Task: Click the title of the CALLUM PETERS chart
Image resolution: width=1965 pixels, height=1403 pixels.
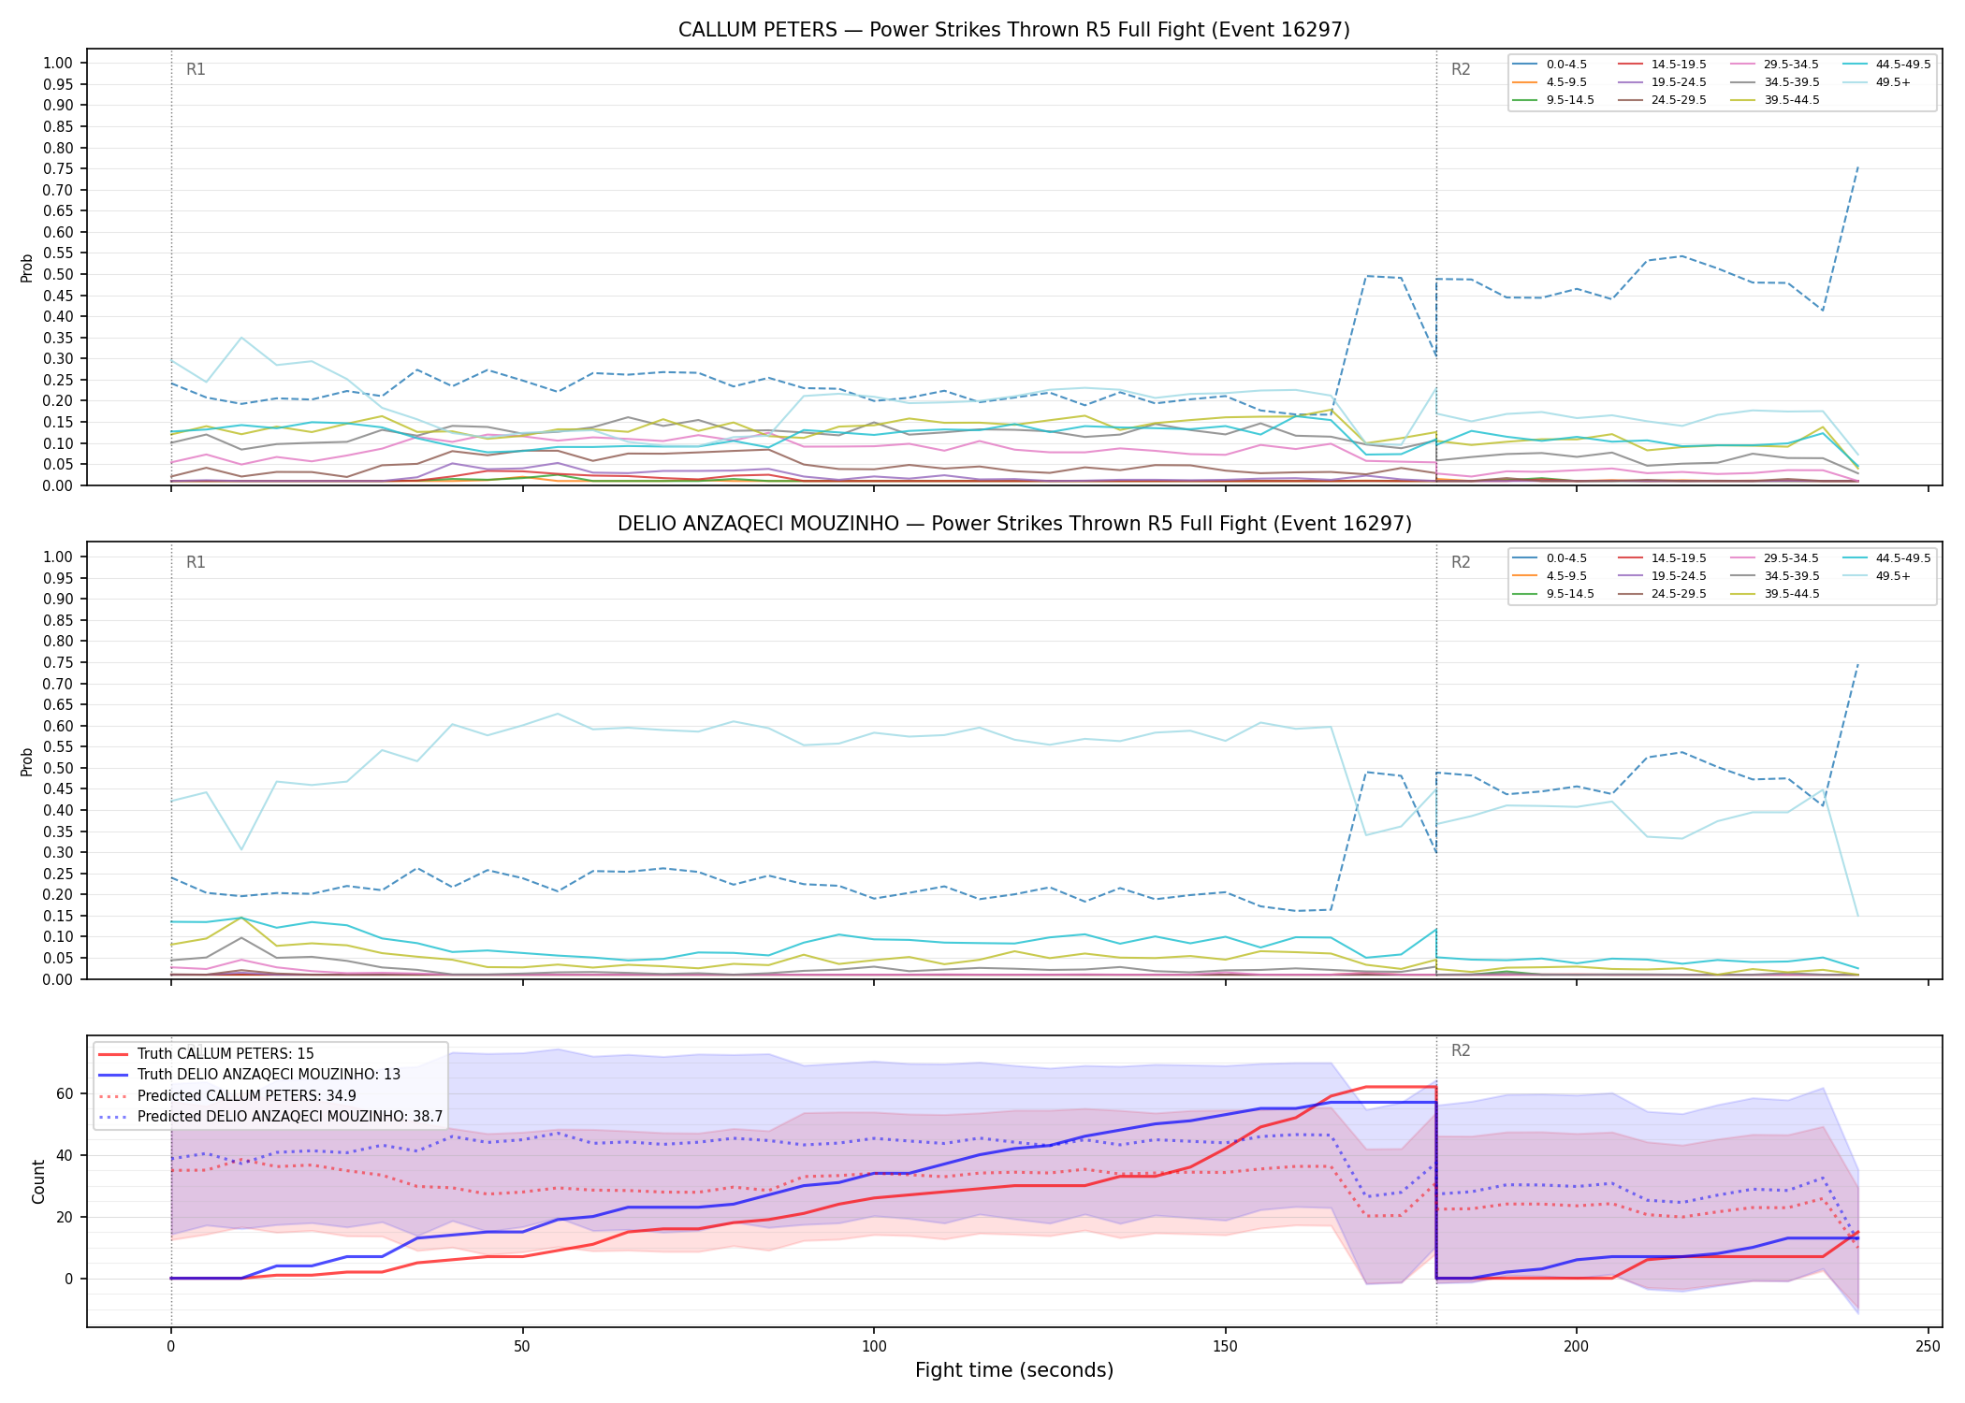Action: (x=1014, y=30)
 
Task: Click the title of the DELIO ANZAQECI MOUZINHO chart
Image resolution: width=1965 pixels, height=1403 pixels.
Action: (x=1014, y=524)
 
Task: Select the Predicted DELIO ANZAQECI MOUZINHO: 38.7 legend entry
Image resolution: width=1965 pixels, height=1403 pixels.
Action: (x=269, y=1116)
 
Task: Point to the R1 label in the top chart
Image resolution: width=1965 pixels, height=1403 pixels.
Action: (x=196, y=69)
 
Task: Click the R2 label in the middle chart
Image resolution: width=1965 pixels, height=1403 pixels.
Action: (x=1461, y=562)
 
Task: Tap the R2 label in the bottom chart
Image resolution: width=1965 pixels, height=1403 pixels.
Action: (x=1461, y=1050)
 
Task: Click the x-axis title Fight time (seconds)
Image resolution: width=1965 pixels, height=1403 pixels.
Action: (x=1014, y=1370)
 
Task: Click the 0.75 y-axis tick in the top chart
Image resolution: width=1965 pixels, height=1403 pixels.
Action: (x=58, y=169)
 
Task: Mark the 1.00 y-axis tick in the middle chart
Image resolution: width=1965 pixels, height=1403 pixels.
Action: (x=58, y=557)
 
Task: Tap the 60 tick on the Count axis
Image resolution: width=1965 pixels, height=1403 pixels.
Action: (x=65, y=1093)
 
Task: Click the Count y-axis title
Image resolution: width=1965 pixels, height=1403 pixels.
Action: (x=38, y=1181)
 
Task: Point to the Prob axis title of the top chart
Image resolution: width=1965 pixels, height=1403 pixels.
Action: (x=27, y=268)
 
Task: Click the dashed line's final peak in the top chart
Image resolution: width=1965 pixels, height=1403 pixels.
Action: (x=1857, y=166)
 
